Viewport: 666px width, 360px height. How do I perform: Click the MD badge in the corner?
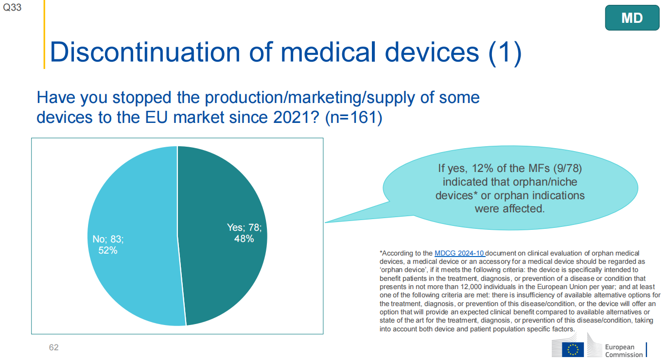coord(632,18)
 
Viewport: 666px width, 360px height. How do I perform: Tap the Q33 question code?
coord(12,7)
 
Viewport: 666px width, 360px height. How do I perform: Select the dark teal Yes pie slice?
coord(223,232)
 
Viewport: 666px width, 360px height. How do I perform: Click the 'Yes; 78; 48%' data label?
coord(244,233)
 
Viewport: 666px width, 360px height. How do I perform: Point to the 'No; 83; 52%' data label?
coord(108,244)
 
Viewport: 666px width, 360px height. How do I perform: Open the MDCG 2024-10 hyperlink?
coord(460,253)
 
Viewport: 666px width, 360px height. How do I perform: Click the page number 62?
coord(54,347)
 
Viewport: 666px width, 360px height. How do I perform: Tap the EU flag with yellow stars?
coord(573,350)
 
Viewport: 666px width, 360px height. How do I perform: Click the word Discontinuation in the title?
coord(145,52)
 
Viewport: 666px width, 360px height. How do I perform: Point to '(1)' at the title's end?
coord(505,53)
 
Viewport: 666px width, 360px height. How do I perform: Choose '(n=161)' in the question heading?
coord(353,117)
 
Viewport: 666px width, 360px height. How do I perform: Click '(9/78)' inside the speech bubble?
coord(567,169)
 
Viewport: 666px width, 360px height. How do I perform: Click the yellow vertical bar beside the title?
coord(44,34)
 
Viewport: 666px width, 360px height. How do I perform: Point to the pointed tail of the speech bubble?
coord(325,222)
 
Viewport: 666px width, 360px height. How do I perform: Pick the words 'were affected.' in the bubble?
coord(509,208)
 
